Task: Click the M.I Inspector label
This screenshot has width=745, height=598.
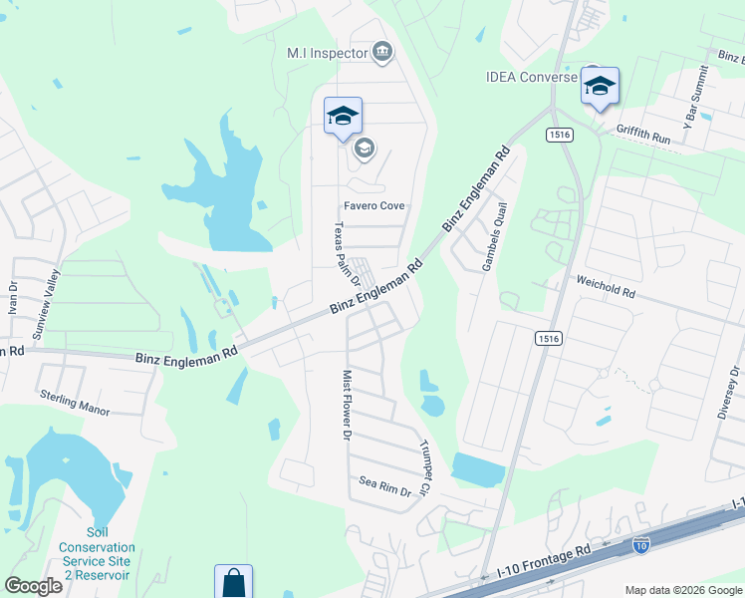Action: coord(327,53)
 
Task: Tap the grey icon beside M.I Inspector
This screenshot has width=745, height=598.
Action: coord(381,52)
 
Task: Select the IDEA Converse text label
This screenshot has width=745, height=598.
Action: coord(531,77)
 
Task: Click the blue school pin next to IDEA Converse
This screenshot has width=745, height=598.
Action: coord(600,88)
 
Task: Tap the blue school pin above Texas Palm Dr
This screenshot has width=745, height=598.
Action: coord(343,117)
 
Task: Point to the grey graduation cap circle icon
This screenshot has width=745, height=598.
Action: coord(364,149)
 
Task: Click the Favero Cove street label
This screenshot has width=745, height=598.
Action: coord(374,206)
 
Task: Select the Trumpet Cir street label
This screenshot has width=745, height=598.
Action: coord(424,468)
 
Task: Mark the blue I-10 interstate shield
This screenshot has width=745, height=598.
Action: coord(641,545)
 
